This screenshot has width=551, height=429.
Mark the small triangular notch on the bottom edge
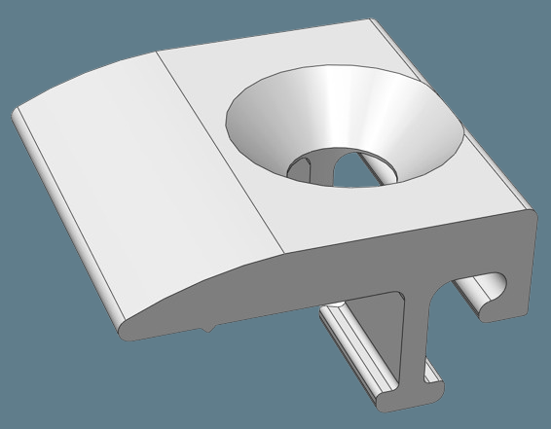[x=208, y=328]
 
